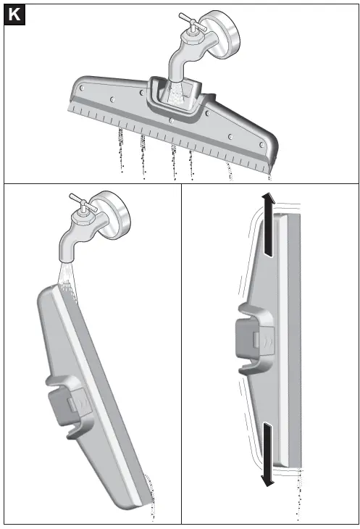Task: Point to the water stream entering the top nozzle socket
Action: click(x=175, y=91)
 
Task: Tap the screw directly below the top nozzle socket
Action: click(x=170, y=120)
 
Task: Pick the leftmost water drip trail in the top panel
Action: click(x=120, y=154)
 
